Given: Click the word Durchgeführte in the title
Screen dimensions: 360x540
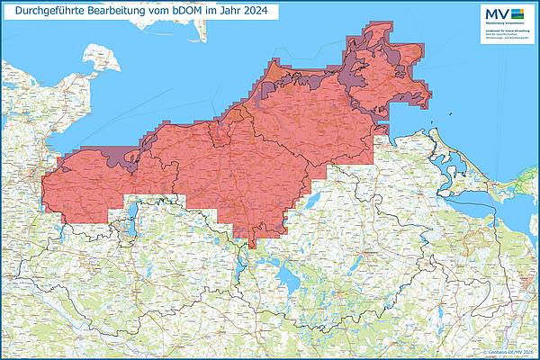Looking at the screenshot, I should point(48,12).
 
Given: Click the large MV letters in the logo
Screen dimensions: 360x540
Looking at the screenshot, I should point(496,13).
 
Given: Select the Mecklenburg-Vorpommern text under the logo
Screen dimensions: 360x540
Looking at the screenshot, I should point(506,25).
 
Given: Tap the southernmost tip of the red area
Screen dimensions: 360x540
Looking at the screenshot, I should point(252,246).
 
